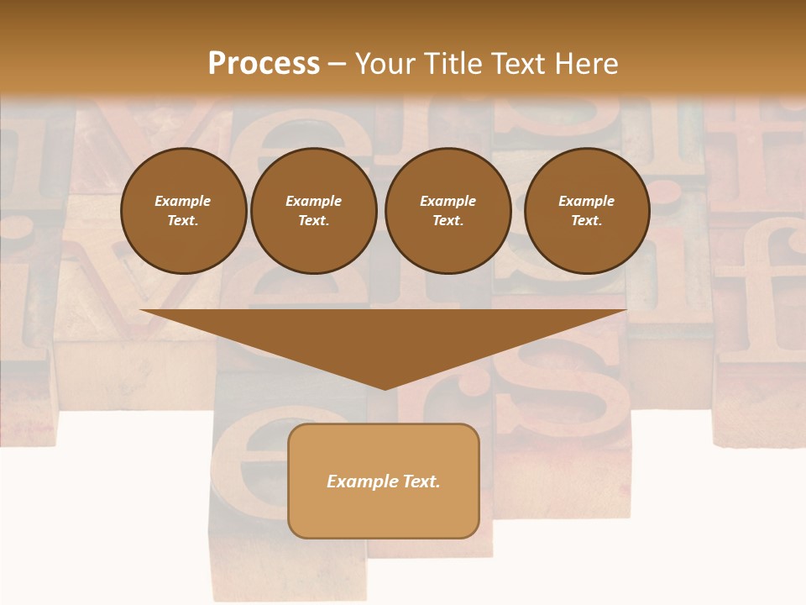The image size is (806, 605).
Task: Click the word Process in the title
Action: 264,64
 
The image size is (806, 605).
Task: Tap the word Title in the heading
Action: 454,64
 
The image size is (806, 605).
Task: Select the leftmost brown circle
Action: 184,211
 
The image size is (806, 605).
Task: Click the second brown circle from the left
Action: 314,211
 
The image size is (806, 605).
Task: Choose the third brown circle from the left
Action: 448,211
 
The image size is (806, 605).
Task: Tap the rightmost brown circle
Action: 587,211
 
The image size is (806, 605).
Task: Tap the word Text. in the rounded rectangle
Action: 420,481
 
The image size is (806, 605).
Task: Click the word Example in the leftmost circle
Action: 183,201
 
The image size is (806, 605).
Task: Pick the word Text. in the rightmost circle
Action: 587,221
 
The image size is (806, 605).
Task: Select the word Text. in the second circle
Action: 314,221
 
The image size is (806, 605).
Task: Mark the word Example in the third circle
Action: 448,201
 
